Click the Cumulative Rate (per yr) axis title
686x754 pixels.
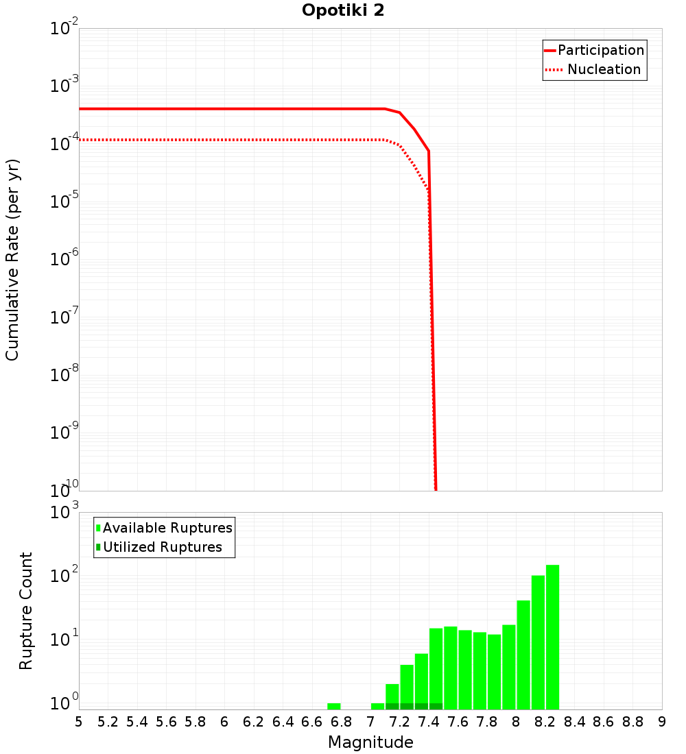tap(12, 260)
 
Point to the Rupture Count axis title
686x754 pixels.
tap(26, 611)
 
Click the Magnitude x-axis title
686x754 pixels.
tap(370, 742)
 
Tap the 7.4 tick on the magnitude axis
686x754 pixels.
tap(429, 722)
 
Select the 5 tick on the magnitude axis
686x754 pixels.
tap(79, 722)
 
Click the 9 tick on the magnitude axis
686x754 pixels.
tap(662, 722)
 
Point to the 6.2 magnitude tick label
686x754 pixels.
tap(254, 722)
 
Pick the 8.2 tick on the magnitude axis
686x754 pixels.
tap(545, 722)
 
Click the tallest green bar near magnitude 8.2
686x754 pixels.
tap(553, 637)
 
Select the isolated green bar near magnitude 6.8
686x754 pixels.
tap(334, 706)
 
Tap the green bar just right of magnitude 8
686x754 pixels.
tap(523, 655)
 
